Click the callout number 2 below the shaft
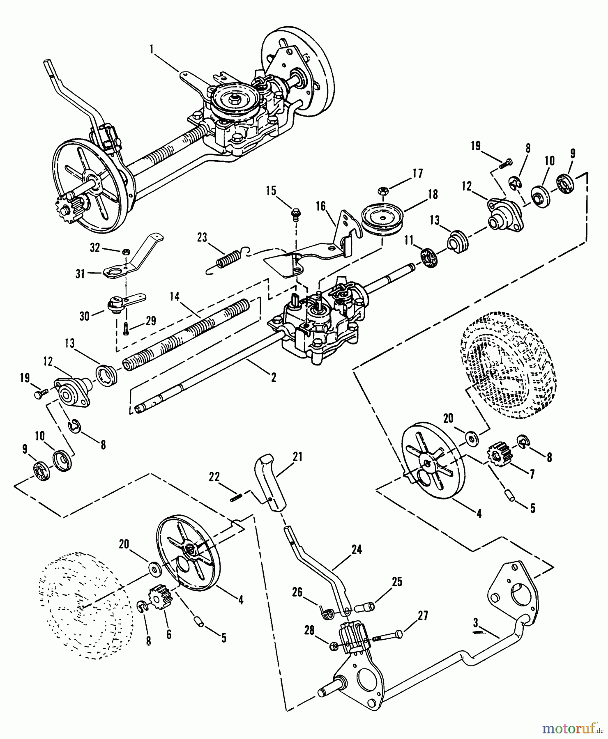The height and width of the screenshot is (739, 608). [x=273, y=378]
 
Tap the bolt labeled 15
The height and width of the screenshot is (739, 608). [x=295, y=213]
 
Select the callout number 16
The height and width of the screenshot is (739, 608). [x=320, y=205]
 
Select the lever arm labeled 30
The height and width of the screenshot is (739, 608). [x=123, y=303]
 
